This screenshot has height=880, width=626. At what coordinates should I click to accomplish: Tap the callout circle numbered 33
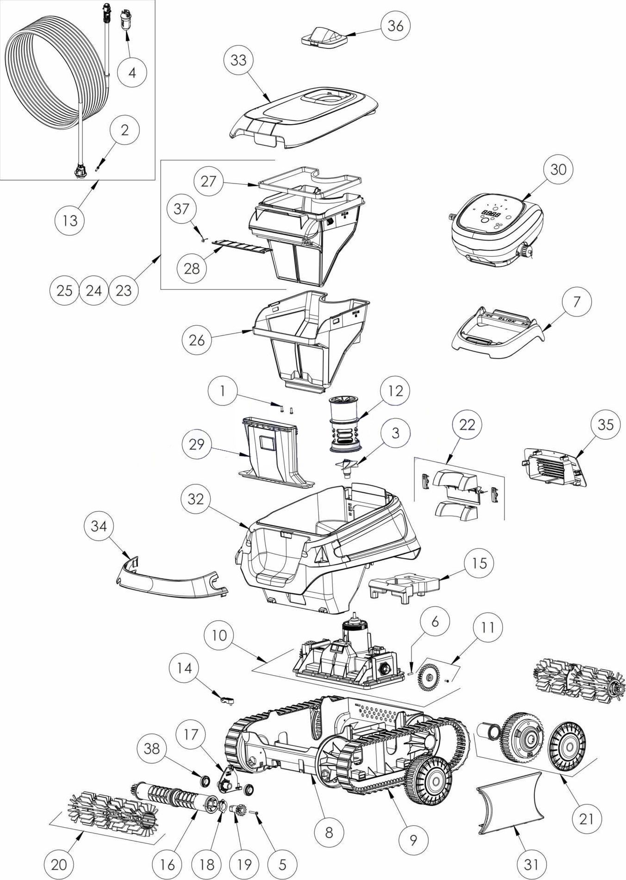[238, 60]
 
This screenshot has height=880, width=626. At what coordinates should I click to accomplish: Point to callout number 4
[132, 73]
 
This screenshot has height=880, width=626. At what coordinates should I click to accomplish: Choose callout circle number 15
[480, 563]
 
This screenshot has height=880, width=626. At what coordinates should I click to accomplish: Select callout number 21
[586, 819]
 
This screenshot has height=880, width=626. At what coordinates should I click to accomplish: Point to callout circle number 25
[65, 290]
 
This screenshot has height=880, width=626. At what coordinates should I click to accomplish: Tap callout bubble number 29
[197, 444]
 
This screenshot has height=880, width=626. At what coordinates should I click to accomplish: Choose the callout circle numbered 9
[413, 839]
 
